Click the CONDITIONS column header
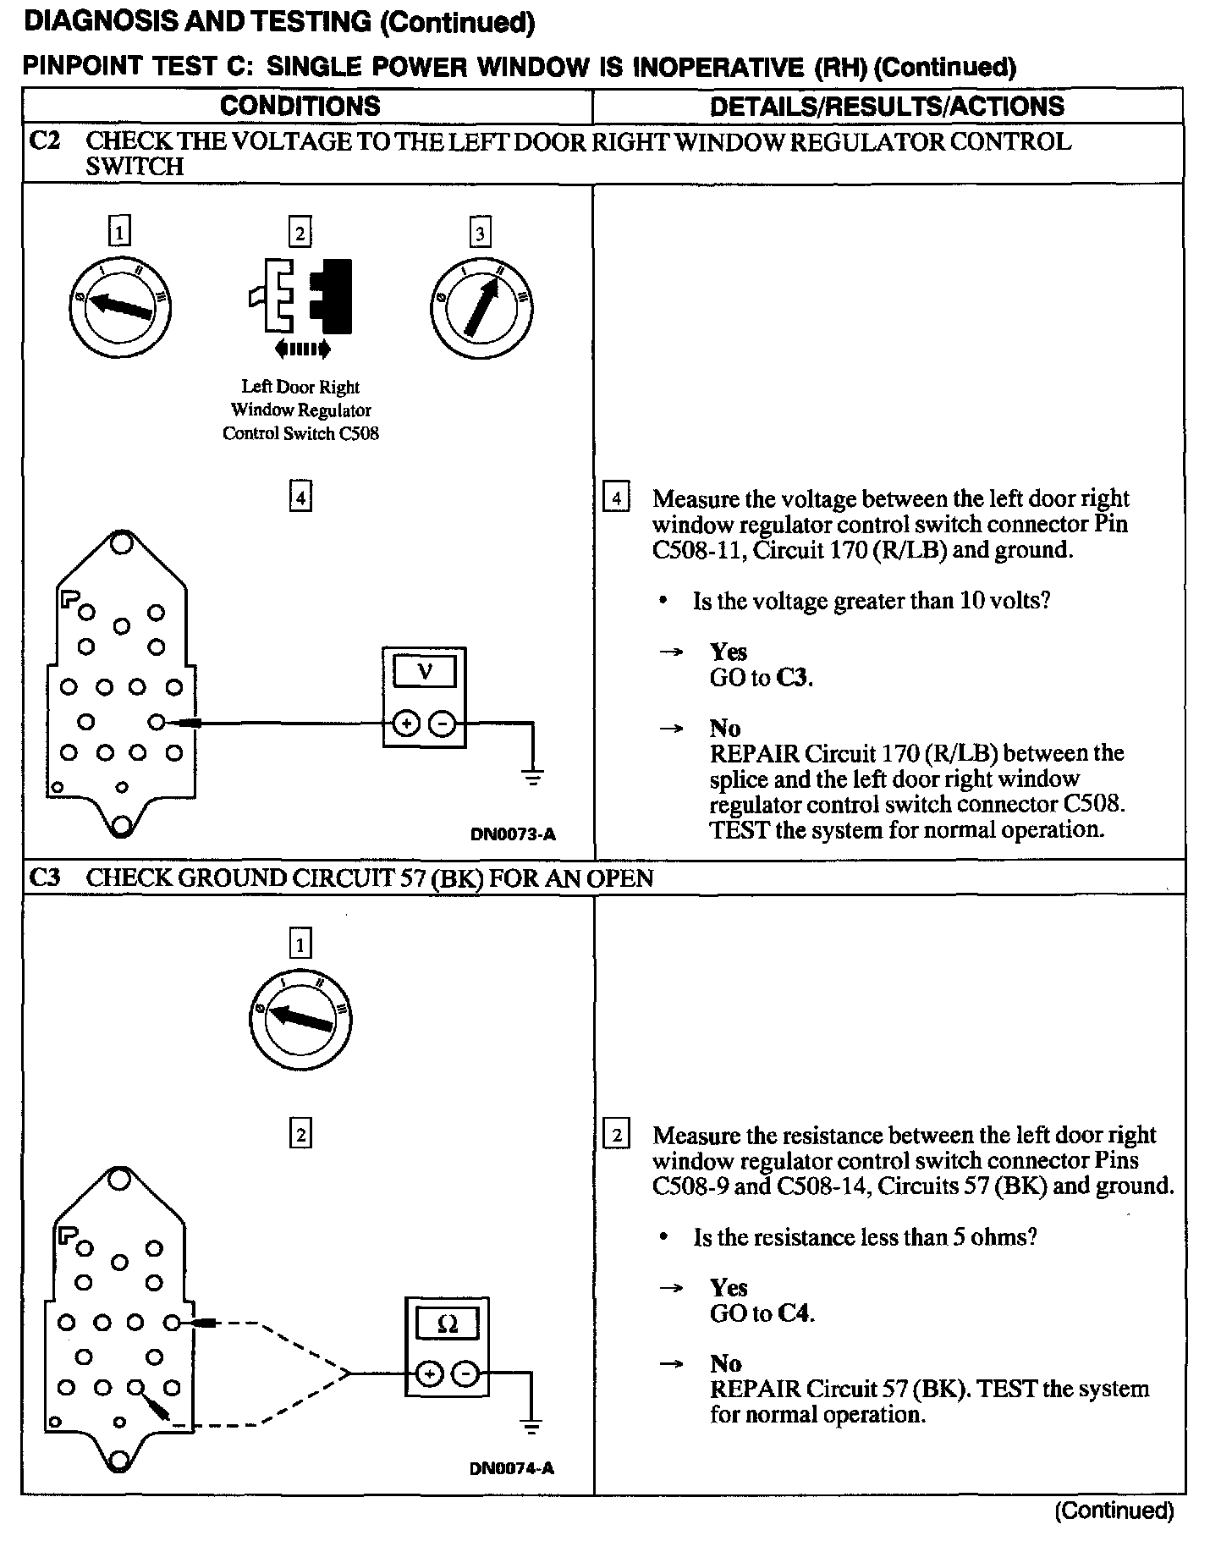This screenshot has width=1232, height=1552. point(300,107)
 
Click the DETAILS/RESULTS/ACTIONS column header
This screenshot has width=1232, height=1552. point(887,107)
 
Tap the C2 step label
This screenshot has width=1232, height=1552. point(45,140)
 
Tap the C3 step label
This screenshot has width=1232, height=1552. point(45,878)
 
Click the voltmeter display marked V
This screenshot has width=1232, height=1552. point(425,673)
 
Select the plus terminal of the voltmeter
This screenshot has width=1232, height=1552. point(407,724)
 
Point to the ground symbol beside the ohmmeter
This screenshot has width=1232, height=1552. point(531,1427)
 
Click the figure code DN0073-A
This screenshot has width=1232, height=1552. point(513,834)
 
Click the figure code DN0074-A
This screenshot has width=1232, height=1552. point(512,1468)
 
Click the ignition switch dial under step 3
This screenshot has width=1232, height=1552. point(481,307)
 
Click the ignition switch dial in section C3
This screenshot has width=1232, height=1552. point(300,1018)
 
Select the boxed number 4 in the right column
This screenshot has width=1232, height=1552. point(616,498)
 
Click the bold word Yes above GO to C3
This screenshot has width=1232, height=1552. point(729,652)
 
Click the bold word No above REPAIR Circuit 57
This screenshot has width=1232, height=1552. point(725,1363)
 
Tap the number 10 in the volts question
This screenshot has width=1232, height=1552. point(969,601)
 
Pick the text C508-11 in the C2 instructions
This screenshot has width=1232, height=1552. point(699,550)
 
